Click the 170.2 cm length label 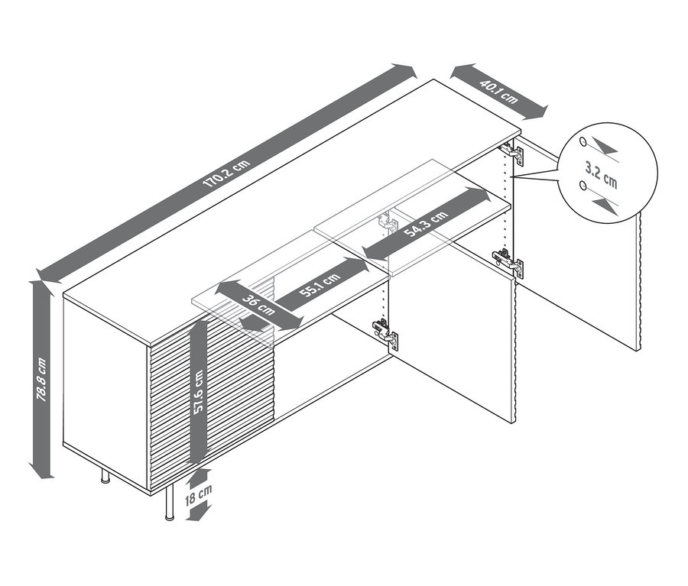tap(226, 174)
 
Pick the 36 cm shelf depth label tap(255, 306)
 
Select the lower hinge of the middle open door tap(385, 332)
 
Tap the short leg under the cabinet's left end tap(104, 479)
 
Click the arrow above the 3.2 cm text tap(605, 147)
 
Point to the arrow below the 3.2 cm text tap(604, 203)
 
